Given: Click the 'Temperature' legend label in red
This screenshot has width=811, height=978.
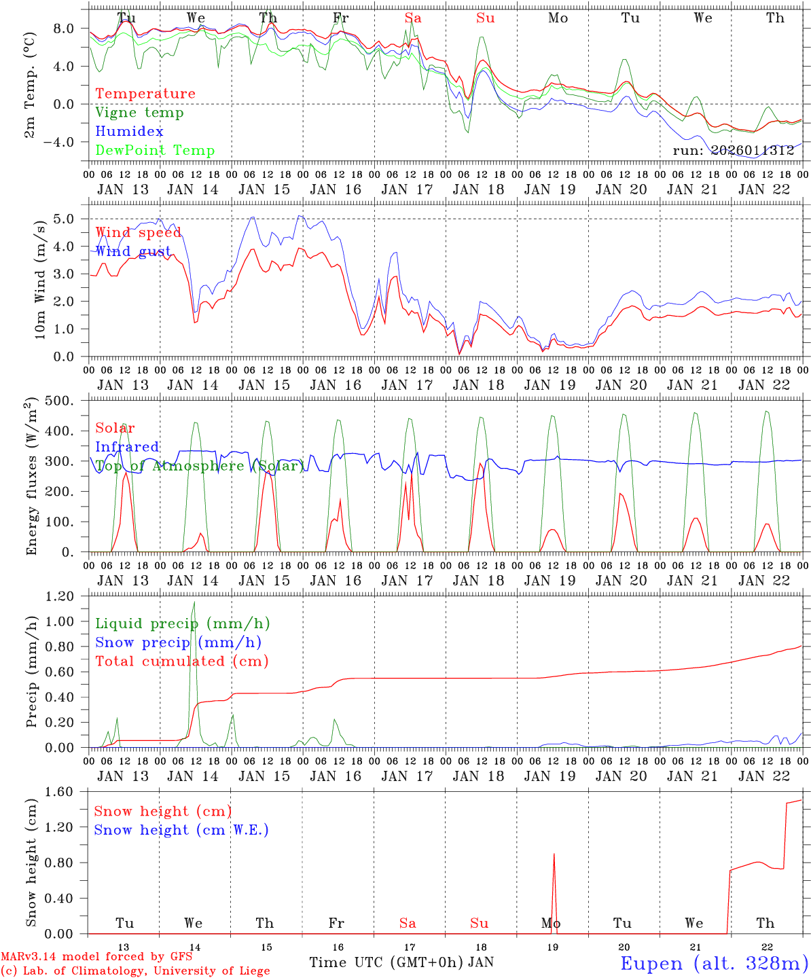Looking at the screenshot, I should (145, 94).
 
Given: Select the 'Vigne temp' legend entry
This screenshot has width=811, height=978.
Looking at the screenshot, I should (139, 113).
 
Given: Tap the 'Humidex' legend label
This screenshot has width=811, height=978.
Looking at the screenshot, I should (129, 132).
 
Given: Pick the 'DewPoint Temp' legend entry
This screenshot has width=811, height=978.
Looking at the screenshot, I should (155, 151).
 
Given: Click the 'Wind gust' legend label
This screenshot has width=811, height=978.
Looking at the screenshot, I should (133, 251).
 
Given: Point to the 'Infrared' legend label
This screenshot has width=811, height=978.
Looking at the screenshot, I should (127, 447).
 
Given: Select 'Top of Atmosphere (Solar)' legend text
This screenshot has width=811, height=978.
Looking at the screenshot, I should (199, 466).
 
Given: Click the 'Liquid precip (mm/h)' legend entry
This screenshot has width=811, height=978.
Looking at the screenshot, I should (183, 623).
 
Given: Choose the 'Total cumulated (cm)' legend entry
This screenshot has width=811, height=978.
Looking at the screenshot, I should (181, 662).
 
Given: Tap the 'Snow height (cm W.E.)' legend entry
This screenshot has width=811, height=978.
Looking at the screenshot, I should (181, 830).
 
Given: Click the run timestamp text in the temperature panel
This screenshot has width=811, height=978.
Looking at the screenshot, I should (733, 151).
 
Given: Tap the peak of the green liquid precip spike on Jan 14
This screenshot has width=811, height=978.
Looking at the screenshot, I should (194, 602).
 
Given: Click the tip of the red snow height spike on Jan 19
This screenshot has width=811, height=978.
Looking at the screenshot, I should (554, 854).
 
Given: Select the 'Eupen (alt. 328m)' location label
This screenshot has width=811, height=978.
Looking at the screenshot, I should (714, 963).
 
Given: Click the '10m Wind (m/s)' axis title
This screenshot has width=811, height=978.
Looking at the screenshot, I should (41, 278).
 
